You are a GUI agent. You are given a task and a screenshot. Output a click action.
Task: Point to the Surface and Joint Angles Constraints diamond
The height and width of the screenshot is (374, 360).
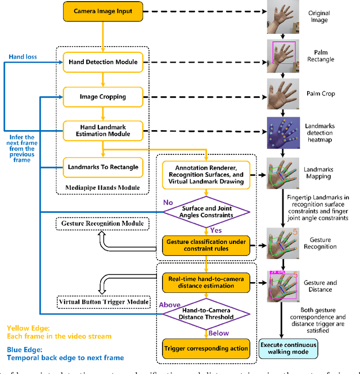(x=206, y=211)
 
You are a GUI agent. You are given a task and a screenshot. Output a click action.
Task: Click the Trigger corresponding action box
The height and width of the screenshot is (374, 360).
(x=206, y=348)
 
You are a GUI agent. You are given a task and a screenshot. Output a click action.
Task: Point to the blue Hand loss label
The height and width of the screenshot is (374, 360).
(x=22, y=57)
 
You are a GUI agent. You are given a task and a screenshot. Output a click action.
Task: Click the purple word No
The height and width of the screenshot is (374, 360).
(x=168, y=202)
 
